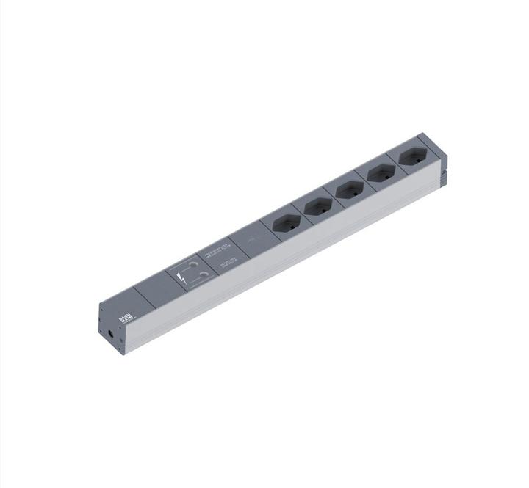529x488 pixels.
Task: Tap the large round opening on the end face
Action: click(111, 334)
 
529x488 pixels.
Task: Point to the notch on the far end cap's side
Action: click(443, 177)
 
